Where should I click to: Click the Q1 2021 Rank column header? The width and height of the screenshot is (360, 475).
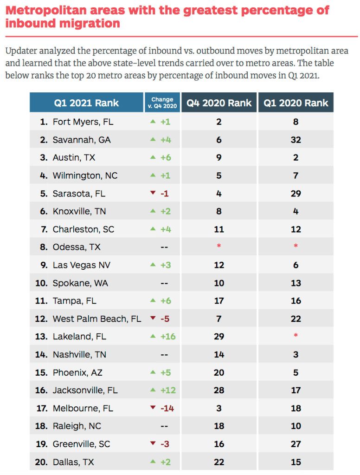click(x=86, y=103)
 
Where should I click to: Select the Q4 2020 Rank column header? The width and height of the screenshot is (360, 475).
click(x=219, y=103)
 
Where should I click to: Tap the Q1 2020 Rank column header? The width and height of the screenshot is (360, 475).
click(x=296, y=103)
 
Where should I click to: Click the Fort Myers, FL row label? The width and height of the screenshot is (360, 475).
click(x=83, y=122)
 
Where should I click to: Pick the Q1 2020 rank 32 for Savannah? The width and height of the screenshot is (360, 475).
click(x=296, y=140)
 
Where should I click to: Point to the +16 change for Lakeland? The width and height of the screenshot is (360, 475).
click(x=168, y=337)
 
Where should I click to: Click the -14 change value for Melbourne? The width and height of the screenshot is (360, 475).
click(x=167, y=408)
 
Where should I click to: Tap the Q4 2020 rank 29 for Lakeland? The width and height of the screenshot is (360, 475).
click(x=219, y=337)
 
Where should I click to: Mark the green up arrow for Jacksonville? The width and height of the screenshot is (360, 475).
click(x=152, y=390)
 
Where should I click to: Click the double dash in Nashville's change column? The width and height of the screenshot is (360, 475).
click(x=164, y=355)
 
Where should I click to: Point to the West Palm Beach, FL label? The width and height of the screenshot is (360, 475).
click(x=96, y=319)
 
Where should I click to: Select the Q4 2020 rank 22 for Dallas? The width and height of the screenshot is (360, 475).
click(x=219, y=462)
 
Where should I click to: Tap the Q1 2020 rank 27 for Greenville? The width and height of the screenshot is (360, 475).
click(x=296, y=444)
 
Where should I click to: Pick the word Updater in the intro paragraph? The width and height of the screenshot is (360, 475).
click(x=20, y=51)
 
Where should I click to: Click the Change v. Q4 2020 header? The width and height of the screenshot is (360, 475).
click(x=162, y=103)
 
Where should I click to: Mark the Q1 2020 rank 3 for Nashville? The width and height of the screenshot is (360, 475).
click(x=296, y=355)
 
